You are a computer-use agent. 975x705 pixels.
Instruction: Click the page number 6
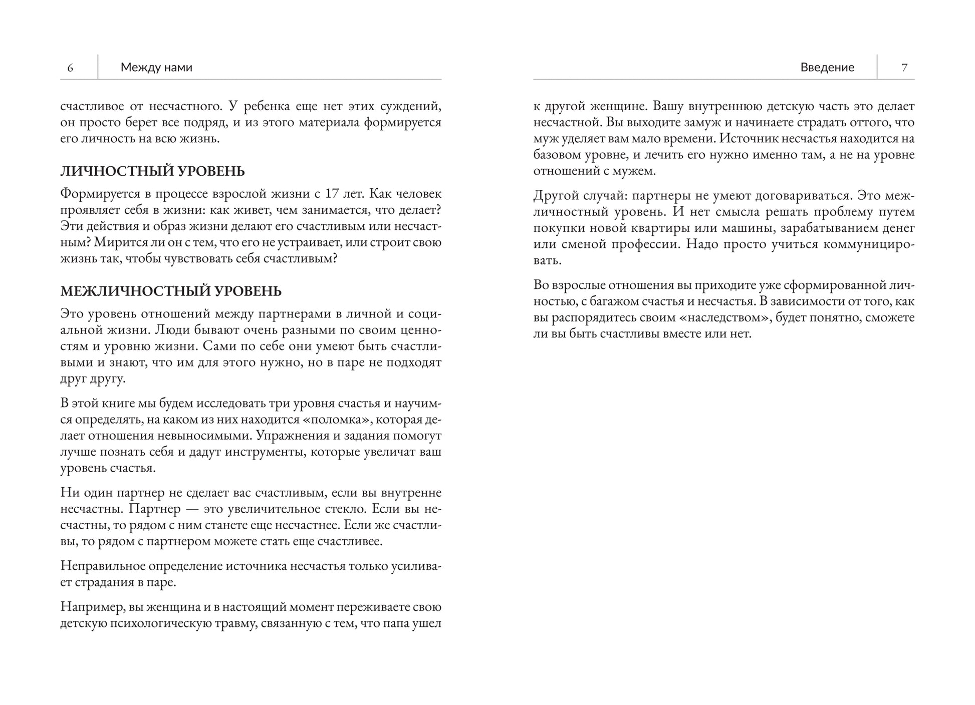point(70,68)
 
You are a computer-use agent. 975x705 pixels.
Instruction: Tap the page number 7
point(904,68)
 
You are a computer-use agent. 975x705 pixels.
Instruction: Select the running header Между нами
point(156,67)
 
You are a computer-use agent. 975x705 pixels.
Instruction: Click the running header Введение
point(827,67)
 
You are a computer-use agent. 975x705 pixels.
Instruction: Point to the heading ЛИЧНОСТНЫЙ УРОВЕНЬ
point(152,171)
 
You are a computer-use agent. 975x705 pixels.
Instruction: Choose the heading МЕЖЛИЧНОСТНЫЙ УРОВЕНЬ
point(171,291)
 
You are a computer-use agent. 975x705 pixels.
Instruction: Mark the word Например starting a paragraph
point(92,607)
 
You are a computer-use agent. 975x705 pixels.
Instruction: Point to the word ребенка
point(268,106)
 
